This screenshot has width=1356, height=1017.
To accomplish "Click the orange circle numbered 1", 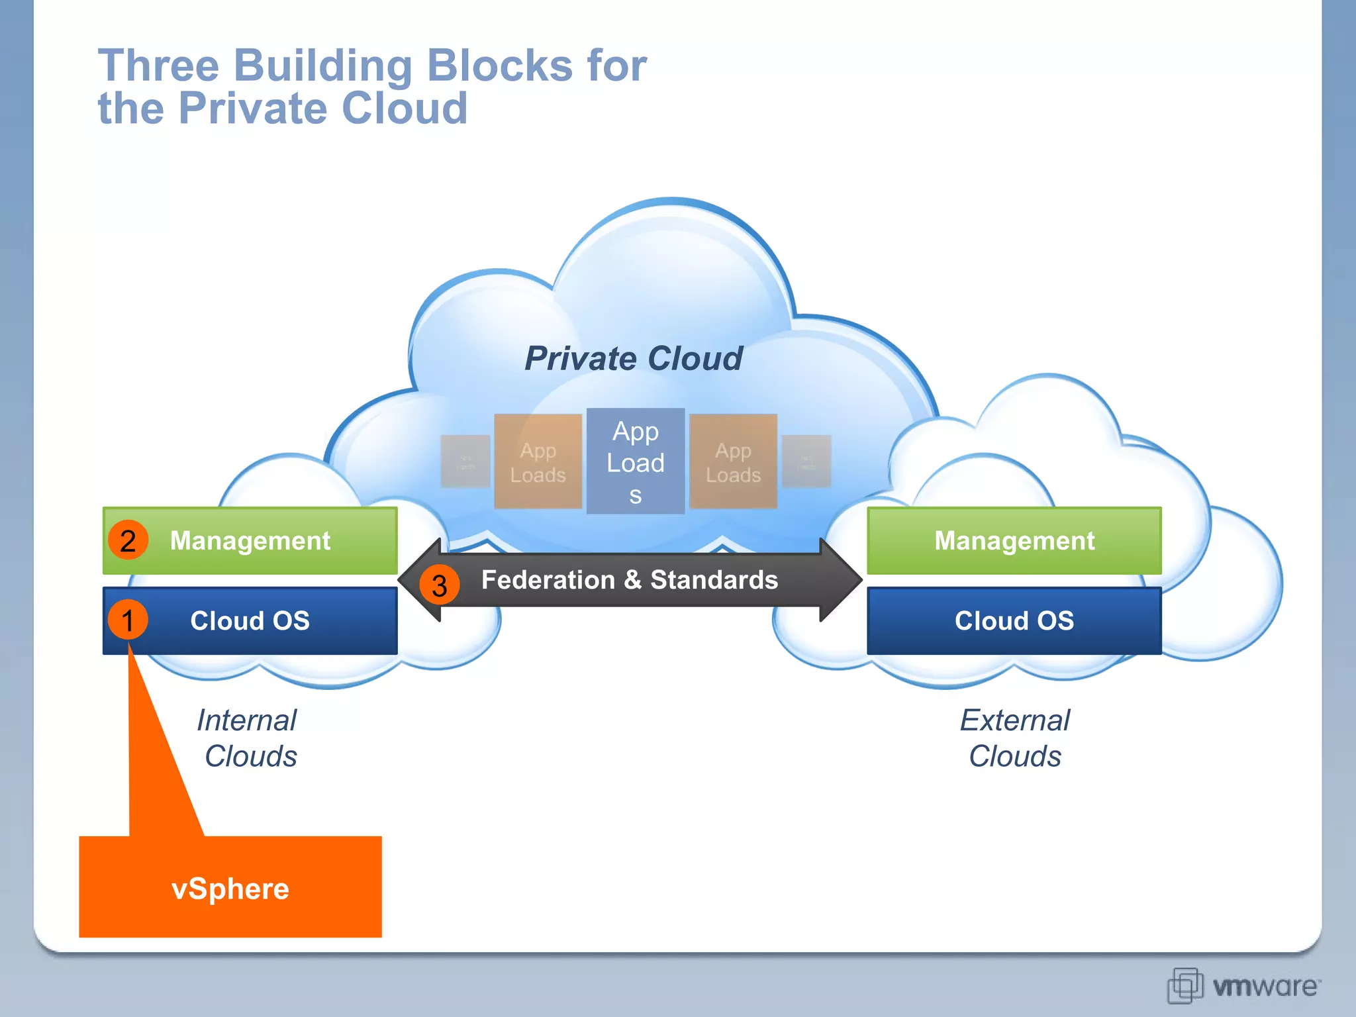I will coord(128,620).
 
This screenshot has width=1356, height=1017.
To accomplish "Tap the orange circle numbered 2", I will coord(128,540).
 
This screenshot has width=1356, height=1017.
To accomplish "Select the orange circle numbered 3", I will coord(439,585).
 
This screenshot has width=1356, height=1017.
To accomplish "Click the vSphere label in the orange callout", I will coord(230,889).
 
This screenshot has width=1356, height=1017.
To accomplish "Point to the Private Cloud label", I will coord(634,358).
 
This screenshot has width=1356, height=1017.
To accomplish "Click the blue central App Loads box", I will coord(636,461).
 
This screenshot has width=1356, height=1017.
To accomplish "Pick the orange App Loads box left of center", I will coord(538,461).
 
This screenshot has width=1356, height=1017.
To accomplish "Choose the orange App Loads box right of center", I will coord(733,461).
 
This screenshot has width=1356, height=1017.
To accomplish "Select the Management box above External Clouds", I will coord(1014,540).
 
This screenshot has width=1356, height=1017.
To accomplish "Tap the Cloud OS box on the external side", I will coord(1014,620).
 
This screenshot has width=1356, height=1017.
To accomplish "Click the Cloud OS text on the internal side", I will coord(250,620).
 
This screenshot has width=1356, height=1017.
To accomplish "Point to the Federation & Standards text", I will coord(629,580).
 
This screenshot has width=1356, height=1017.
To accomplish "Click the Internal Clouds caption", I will coord(248,738).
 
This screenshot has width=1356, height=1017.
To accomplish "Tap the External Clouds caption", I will coord(1014,738).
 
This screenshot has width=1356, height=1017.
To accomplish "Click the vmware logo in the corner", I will coord(1243,986).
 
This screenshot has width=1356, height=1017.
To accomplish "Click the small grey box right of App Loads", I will coord(806,461).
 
